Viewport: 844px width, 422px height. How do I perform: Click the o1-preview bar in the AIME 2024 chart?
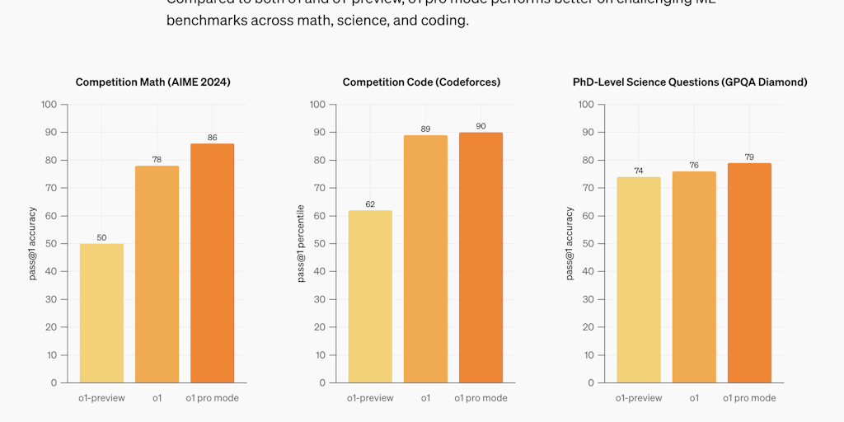[x=101, y=313]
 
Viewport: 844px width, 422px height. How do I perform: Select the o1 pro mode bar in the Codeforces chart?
[x=481, y=257]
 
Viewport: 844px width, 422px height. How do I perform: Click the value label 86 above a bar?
[x=212, y=138]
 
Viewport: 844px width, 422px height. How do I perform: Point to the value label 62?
[x=370, y=204]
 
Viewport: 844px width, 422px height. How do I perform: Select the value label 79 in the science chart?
[x=749, y=157]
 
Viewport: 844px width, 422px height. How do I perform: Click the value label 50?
[x=101, y=237]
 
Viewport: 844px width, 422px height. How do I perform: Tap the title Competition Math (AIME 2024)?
[x=152, y=82]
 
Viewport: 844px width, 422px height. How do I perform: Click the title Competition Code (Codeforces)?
[x=421, y=82]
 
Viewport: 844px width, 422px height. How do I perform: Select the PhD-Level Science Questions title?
[x=690, y=82]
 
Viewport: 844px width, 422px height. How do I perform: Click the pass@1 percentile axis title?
[x=301, y=243]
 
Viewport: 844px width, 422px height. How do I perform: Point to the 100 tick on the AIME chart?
[x=49, y=105]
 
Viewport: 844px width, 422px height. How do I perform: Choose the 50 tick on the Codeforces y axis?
[x=318, y=244]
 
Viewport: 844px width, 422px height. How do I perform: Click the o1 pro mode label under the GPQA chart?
[x=749, y=398]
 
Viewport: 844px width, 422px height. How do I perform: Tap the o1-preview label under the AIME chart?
[x=101, y=398]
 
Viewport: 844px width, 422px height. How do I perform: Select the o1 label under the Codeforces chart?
[x=425, y=398]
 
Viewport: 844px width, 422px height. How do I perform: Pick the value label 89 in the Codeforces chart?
[x=425, y=129]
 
